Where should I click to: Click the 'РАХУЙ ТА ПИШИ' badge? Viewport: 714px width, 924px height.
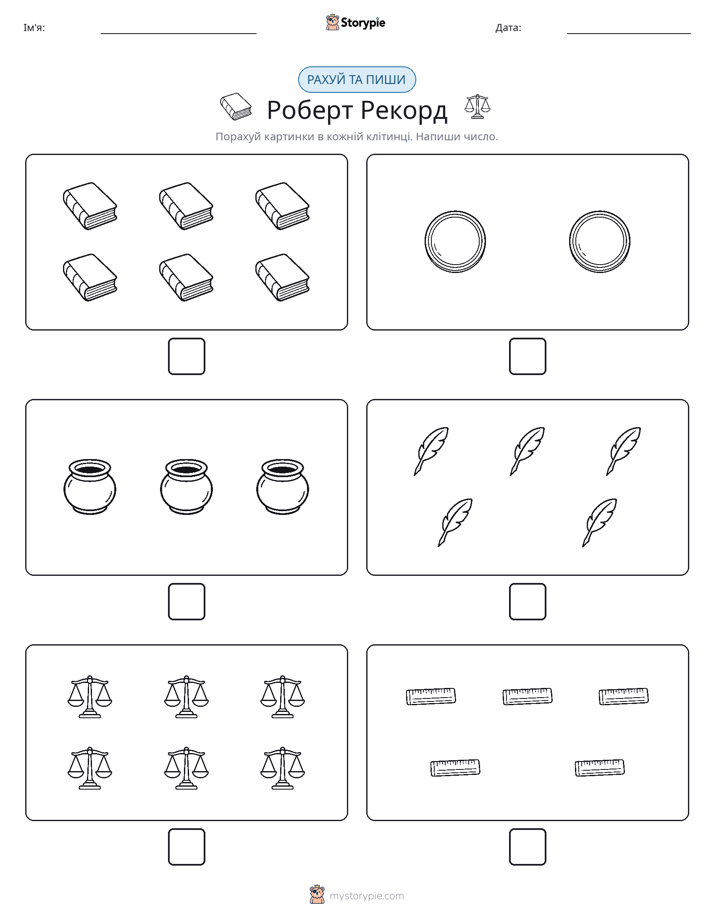click(356, 80)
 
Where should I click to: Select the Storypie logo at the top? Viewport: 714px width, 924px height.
click(355, 22)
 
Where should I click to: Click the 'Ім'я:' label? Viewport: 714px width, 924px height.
click(34, 28)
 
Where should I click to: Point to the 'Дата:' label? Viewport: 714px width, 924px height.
click(508, 28)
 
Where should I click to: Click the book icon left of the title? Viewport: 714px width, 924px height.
click(236, 106)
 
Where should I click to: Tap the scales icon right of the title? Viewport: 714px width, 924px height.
click(477, 106)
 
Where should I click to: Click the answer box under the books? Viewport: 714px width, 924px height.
click(187, 356)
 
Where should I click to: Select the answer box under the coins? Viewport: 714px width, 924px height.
click(527, 356)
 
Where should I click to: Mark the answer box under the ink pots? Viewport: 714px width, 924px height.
click(187, 601)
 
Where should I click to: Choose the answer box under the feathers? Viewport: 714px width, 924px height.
click(527, 601)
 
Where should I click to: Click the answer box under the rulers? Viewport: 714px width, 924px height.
click(527, 846)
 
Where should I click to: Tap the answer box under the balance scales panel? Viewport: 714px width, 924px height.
click(187, 846)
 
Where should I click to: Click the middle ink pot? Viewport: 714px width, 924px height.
click(186, 487)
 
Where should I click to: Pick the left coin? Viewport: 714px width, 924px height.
click(455, 242)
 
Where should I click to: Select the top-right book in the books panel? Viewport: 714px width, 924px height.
click(282, 206)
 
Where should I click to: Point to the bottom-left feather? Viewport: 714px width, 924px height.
click(455, 523)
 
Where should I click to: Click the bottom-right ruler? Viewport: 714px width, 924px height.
click(600, 768)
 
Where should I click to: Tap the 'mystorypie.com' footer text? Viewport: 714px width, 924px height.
click(366, 896)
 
